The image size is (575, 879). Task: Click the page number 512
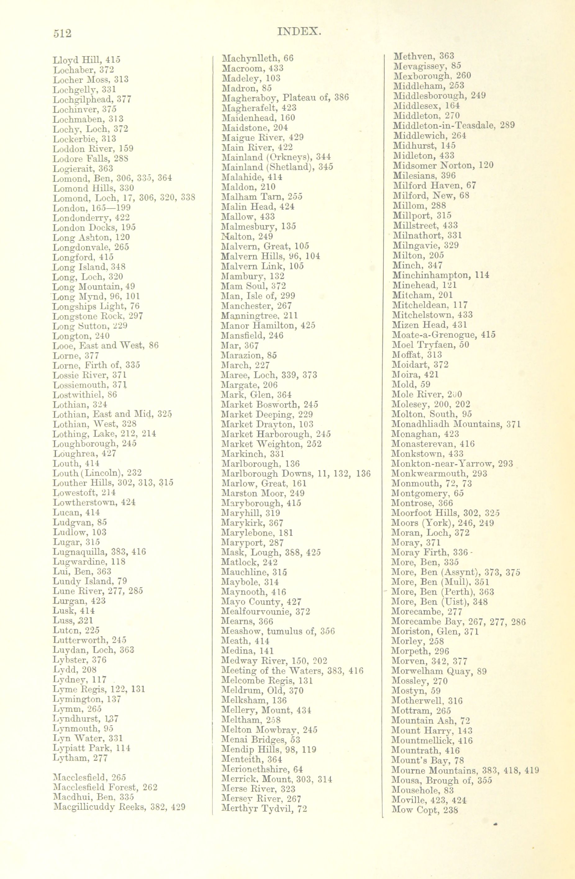coord(62,33)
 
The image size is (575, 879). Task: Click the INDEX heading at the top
coord(299,32)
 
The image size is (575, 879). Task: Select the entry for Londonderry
coord(91,218)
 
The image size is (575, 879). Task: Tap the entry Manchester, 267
coord(256,306)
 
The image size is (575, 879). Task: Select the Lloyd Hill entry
coord(87,60)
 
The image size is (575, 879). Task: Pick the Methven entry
coord(423,56)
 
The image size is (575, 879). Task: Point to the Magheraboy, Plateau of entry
coord(284,98)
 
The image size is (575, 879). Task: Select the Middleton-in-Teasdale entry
coord(454,125)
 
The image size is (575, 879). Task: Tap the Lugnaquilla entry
coord(99,552)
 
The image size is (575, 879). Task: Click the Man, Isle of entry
coord(258,296)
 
